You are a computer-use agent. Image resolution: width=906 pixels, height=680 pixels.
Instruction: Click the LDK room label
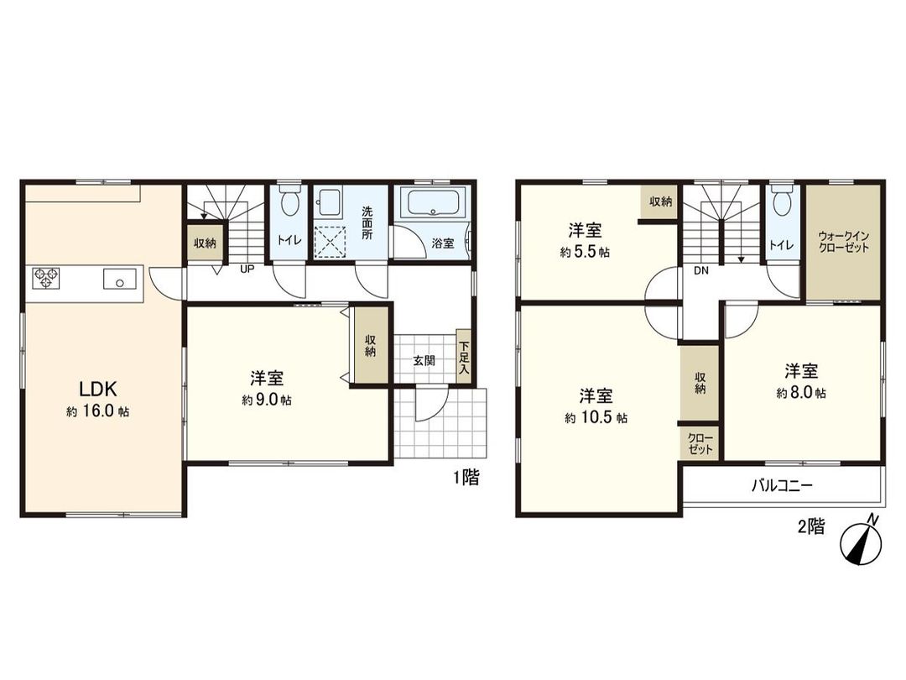98,389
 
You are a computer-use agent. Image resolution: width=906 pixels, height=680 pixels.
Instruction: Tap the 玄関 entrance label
424,361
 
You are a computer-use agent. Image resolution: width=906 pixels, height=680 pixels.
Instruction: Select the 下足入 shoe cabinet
463,357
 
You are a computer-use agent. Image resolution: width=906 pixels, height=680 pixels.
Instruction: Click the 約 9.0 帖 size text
266,400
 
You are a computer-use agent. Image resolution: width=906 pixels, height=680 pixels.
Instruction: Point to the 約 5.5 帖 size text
584,251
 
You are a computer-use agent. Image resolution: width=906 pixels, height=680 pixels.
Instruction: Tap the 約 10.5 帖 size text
596,417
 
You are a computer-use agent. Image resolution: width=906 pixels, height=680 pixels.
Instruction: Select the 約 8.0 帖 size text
800,392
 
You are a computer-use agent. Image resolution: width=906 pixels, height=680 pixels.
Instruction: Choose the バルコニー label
781,485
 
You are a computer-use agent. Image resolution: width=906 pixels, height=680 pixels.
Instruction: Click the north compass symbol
862,542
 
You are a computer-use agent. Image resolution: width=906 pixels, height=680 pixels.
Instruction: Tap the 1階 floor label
466,479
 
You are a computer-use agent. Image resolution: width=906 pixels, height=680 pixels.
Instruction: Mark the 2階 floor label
810,527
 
